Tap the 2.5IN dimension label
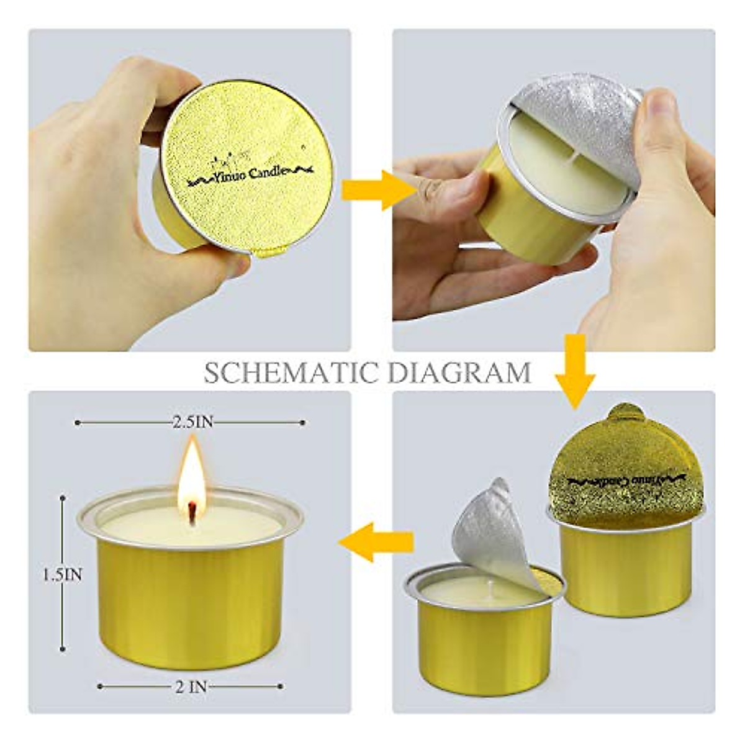click(x=192, y=422)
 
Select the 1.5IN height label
click(x=62, y=575)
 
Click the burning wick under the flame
click(x=192, y=512)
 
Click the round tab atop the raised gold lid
click(x=625, y=413)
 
